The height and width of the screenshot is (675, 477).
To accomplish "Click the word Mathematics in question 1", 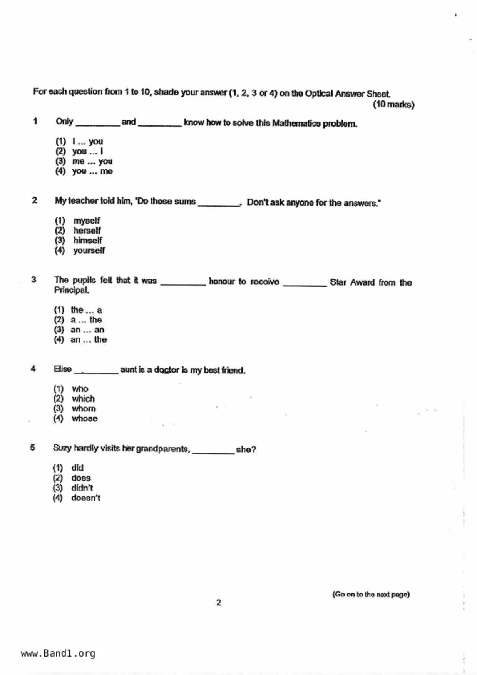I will [x=296, y=124].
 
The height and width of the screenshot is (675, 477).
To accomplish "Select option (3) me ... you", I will [x=92, y=161].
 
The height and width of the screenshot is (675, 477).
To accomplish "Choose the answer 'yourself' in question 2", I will [x=89, y=251].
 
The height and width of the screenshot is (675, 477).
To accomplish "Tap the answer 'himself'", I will [x=88, y=241].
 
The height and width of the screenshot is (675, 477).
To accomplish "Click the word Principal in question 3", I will [x=72, y=291].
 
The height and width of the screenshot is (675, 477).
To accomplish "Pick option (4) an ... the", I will [x=89, y=340].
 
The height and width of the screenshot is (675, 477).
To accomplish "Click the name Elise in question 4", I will [x=62, y=369].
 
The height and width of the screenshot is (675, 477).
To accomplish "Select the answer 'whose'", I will [x=84, y=419].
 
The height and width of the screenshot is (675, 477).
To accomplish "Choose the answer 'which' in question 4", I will [x=83, y=399].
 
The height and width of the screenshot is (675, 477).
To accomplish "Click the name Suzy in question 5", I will [x=62, y=448].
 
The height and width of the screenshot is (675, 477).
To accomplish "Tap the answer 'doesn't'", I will [x=85, y=498].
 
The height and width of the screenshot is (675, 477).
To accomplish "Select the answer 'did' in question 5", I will [x=77, y=468].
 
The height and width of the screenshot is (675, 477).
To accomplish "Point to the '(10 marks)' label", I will [x=393, y=105].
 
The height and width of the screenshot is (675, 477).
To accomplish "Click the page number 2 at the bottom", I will [x=218, y=603].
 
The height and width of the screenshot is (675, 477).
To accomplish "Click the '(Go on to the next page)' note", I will [x=371, y=595].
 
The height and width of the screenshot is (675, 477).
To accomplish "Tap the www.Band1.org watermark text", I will [x=58, y=653].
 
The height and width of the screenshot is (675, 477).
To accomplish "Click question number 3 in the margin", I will [x=34, y=280].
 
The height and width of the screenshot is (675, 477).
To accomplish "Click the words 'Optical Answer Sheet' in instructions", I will [x=347, y=94].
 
